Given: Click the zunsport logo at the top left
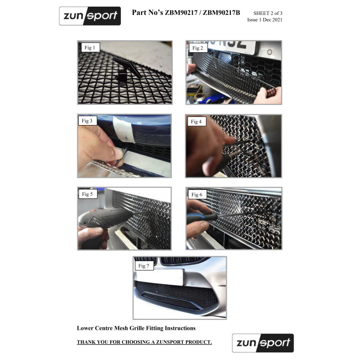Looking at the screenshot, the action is [90, 16].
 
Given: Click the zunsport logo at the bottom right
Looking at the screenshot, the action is [263, 343].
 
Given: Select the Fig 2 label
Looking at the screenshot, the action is [198, 48].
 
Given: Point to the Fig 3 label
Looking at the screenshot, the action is [87, 121].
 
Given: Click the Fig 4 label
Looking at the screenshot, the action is [197, 121].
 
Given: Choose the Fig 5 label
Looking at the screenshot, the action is [88, 194].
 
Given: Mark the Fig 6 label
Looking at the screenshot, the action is [197, 195].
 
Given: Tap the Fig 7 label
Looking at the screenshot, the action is [144, 265].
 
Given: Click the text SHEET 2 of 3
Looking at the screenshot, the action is [268, 13].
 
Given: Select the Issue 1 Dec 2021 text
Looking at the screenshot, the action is [265, 20].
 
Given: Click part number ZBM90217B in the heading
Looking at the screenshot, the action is [221, 13].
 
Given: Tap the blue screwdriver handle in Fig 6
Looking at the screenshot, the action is [202, 217].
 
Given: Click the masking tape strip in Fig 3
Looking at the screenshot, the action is [124, 129].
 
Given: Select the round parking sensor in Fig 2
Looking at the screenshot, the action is [270, 52].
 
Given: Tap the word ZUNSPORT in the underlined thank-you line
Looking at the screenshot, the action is [170, 342].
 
